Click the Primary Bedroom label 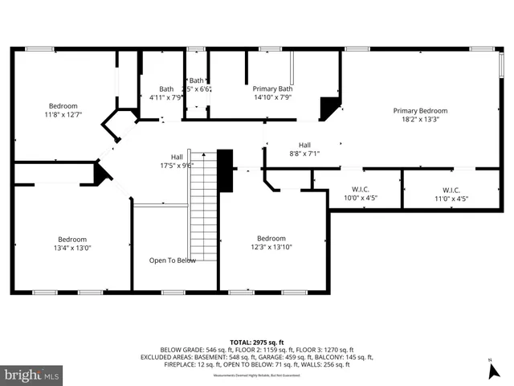point(419,110)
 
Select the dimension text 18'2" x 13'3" point(419,119)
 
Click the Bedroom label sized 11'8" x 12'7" point(63,106)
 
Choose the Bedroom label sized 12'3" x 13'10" point(271,238)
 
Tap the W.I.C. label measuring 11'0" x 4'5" point(451,189)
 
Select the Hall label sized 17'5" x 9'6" point(176,157)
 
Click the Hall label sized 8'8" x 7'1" point(304,145)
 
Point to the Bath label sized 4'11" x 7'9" point(166,88)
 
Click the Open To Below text point(172,261)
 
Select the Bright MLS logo point(32,375)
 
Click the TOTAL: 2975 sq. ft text point(256,342)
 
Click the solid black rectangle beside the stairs point(226,170)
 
